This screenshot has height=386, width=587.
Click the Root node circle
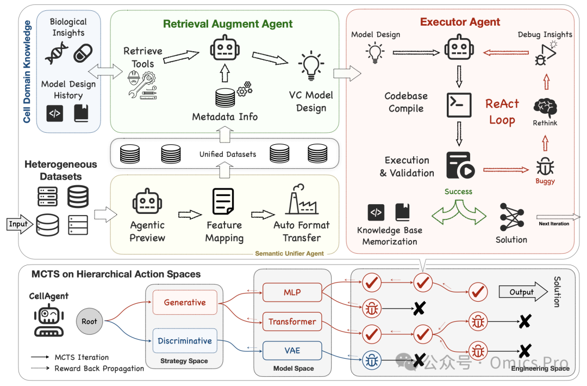[89, 321]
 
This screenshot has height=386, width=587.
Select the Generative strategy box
[185, 302]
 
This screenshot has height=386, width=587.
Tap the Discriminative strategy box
[185, 341]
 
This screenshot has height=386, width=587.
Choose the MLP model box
[292, 292]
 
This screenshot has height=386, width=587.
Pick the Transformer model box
[292, 321]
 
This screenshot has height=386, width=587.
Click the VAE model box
[292, 351]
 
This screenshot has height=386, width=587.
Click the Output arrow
[523, 292]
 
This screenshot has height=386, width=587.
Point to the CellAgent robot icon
[49, 320]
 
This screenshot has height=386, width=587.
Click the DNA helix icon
[56, 53]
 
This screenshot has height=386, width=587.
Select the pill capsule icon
[83, 53]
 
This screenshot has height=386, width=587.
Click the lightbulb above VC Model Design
[311, 66]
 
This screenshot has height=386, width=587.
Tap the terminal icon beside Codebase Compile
[459, 106]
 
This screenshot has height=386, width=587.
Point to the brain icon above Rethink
[545, 108]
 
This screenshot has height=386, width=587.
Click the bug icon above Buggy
[545, 167]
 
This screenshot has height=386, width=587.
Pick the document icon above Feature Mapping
[223, 201]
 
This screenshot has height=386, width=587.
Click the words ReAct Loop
[502, 112]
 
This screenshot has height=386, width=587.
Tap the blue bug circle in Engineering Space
[372, 360]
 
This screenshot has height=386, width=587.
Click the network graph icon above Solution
[512, 217]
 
